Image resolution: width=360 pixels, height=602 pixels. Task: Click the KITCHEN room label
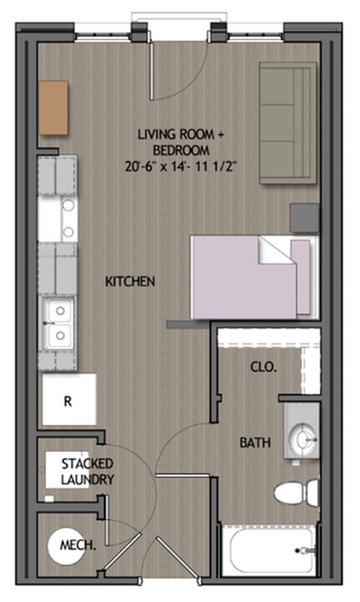pos(130,282)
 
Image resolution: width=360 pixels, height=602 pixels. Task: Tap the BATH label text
pos(255,443)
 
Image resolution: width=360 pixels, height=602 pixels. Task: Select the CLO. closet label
pos(263,367)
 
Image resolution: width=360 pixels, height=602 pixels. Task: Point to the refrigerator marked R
pos(69,399)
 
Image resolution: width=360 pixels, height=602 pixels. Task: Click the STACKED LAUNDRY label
pos(88,472)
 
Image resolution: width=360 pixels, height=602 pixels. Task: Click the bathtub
pos(269,550)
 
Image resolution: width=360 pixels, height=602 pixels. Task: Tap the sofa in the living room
pos(288,123)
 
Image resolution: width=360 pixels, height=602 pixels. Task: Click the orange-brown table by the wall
pos(53,108)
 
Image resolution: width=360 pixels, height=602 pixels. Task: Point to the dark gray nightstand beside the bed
pos(304,218)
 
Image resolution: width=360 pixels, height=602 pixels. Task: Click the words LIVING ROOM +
pos(181,134)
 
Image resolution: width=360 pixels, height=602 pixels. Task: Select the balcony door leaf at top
pos(151,70)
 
